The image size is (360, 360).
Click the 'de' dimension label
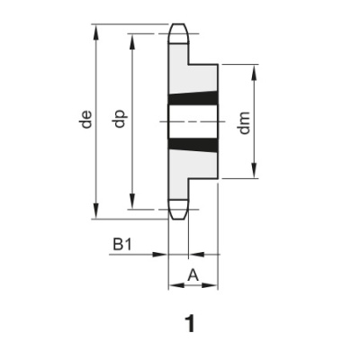pyautogui.click(x=86, y=120)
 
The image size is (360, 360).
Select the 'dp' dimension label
pyautogui.click(x=120, y=120)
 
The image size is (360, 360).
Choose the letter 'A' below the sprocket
pyautogui.click(x=193, y=276)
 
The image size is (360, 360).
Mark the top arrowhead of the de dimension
pyautogui.click(x=95, y=29)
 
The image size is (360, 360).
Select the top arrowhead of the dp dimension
pyautogui.click(x=132, y=39)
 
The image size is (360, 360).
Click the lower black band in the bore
pyautogui.click(x=193, y=143)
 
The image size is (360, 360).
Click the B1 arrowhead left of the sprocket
pyautogui.click(x=163, y=256)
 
